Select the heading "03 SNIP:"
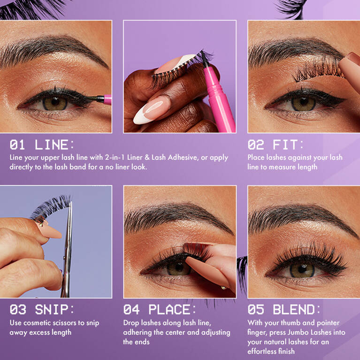pos(41,310)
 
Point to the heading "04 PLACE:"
pos(160,310)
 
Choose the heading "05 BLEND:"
pos(284,310)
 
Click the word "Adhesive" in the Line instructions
pos(184,157)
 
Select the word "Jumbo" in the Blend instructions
pos(307,332)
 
